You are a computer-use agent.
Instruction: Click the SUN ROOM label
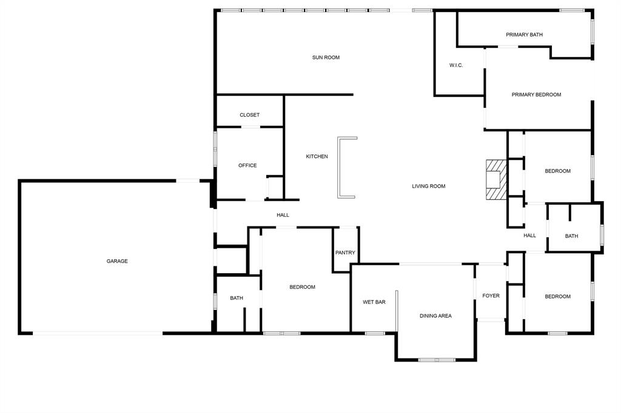click(326, 58)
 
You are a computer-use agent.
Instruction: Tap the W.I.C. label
click(456, 65)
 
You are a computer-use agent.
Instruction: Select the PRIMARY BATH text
click(524, 35)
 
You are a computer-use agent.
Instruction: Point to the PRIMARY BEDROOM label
click(536, 94)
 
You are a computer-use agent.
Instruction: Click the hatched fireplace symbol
click(495, 179)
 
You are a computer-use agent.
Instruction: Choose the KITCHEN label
click(317, 157)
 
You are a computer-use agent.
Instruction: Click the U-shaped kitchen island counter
click(340, 167)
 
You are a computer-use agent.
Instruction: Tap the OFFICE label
click(247, 165)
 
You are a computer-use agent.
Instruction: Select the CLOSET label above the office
click(249, 115)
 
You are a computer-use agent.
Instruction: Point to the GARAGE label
click(117, 261)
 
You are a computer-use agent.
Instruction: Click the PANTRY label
click(345, 253)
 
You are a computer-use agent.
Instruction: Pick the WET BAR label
click(374, 302)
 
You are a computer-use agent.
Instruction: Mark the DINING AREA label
click(435, 316)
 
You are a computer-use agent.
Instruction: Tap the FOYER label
click(491, 296)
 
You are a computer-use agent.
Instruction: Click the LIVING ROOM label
click(429, 187)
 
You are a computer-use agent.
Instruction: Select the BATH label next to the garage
click(237, 298)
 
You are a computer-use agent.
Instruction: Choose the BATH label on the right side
click(571, 236)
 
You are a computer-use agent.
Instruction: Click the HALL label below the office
click(283, 215)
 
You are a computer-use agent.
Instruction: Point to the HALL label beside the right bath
click(529, 236)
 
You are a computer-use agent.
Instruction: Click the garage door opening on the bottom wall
click(97, 333)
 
